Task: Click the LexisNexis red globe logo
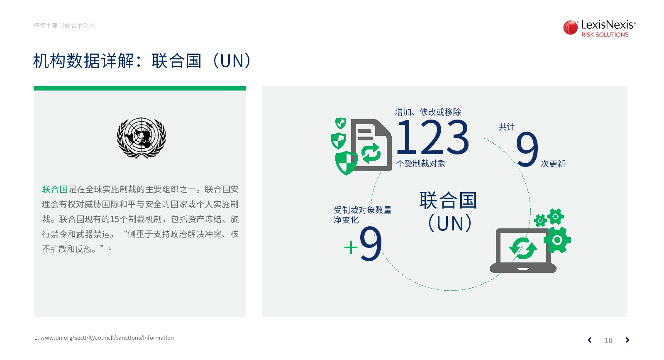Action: pos(570,27)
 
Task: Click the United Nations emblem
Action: pos(142,138)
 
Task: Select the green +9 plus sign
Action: pos(351,247)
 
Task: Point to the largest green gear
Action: pos(557,240)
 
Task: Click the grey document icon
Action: pos(371,145)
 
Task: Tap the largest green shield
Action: pos(346,163)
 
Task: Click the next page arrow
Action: pos(627,340)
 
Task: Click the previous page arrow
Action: pos(590,340)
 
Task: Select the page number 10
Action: pos(608,340)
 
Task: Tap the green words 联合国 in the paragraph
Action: pos(55,189)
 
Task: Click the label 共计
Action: pos(507,127)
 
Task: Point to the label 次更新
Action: pos(553,164)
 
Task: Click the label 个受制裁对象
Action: pos(421,164)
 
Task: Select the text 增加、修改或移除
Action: pos(428,112)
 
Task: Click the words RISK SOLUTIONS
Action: pos(605,35)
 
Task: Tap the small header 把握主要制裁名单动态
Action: pos(64,26)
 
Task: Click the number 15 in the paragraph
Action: pos(115,219)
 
